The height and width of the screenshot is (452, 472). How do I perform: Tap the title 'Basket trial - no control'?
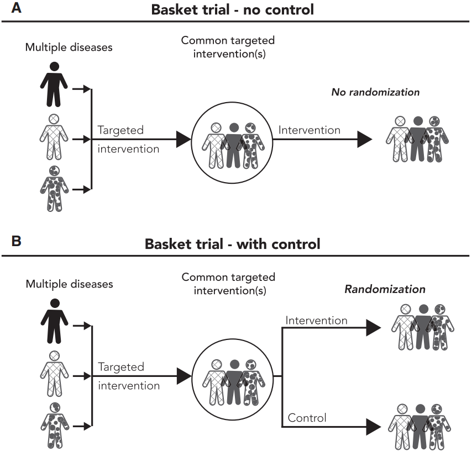pyautogui.click(x=237, y=9)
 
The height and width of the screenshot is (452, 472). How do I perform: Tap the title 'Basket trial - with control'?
pyautogui.click(x=232, y=243)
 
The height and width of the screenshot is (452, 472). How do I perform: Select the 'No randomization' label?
pyautogui.click(x=375, y=92)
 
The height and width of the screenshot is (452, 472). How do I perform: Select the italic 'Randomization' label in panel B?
pyautogui.click(x=385, y=289)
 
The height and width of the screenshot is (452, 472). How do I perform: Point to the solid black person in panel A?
pyautogui.click(x=54, y=83)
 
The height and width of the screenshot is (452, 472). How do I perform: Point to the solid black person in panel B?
pyautogui.click(x=54, y=320)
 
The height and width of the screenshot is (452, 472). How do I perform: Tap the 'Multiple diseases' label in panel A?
pyautogui.click(x=69, y=47)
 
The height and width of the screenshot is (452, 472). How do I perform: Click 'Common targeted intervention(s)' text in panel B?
pyautogui.click(x=228, y=283)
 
